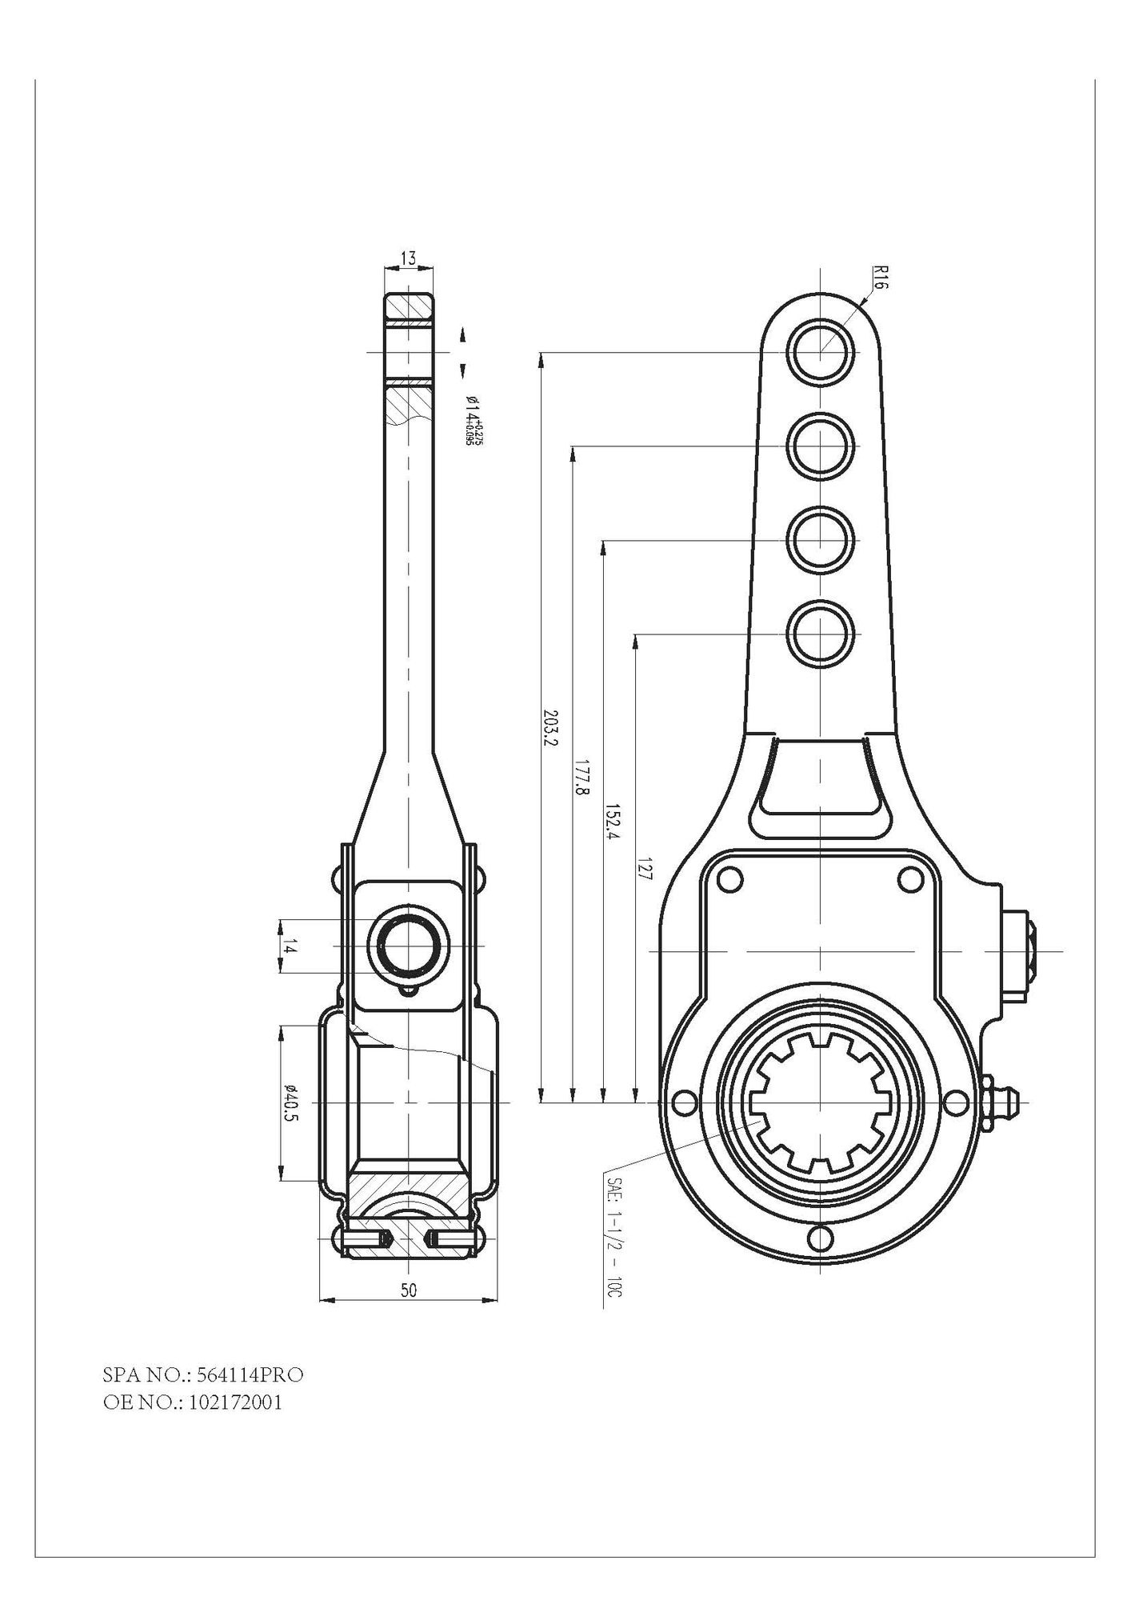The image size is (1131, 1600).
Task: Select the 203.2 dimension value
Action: [549, 726]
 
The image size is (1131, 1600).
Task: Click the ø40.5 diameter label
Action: [290, 1102]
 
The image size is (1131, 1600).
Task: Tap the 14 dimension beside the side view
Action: [290, 947]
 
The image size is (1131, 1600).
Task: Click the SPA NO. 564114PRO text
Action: [203, 1375]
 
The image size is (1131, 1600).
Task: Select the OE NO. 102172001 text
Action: [192, 1402]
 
